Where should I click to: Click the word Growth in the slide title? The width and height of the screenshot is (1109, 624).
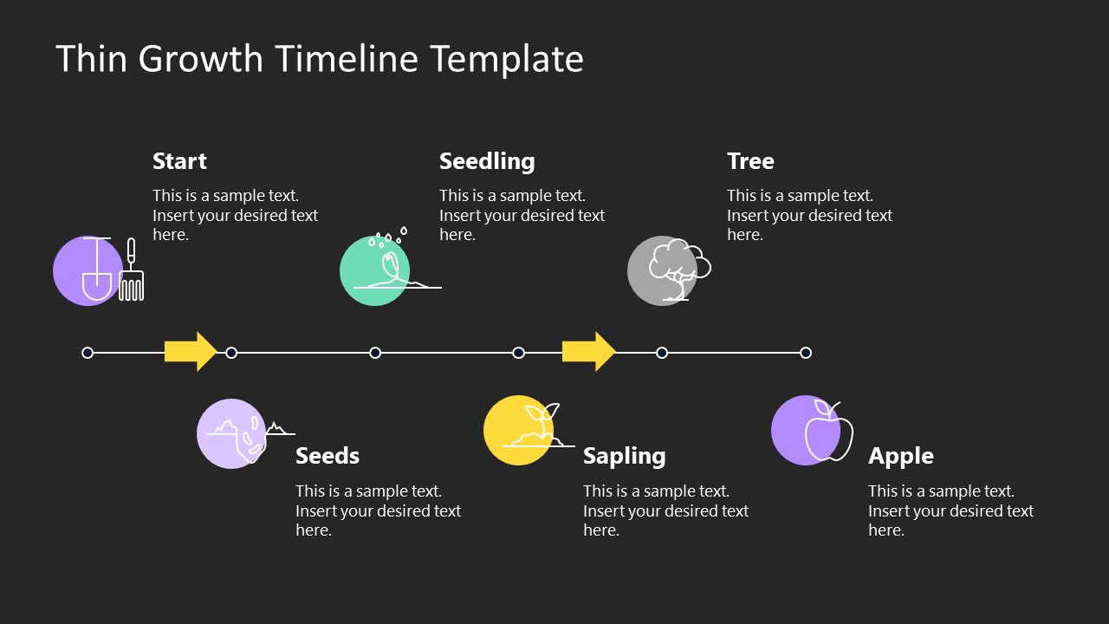point(201,60)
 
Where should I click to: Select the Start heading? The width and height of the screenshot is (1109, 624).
point(179,161)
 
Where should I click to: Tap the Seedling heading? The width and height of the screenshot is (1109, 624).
point(487,161)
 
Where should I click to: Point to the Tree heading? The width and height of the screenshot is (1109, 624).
point(750,161)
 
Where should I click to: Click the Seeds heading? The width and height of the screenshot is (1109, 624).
point(328,456)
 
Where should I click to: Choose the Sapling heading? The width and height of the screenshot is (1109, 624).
point(624,456)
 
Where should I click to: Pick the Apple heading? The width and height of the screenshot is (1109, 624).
point(901,456)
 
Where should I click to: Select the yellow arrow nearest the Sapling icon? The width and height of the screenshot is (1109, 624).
point(588,351)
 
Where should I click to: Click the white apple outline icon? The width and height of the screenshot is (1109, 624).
point(829,433)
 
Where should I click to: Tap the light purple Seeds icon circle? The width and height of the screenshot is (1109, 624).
point(221,446)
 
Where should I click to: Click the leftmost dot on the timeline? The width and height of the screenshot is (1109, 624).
point(88,353)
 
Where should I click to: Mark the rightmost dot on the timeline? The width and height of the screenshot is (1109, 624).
point(806,353)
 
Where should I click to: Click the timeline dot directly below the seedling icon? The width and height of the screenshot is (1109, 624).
point(375,353)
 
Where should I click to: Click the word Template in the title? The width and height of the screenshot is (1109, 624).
point(506,60)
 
